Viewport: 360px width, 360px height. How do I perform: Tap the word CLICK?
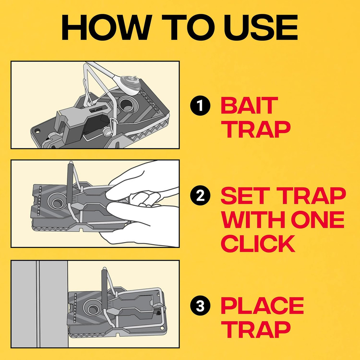coord(258,243)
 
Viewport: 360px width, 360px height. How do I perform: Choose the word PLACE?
coord(262,306)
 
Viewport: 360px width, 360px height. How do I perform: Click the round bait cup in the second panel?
coord(57,202)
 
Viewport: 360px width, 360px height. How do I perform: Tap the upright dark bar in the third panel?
coord(105,288)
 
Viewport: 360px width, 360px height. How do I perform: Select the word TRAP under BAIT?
coord(255,130)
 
